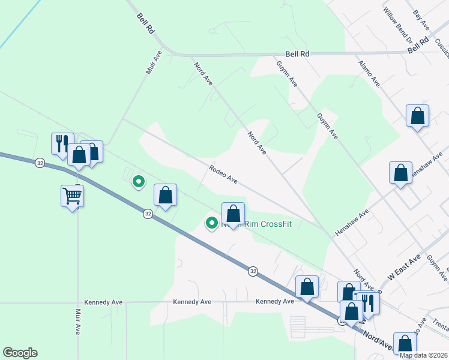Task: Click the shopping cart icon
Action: pyautogui.click(x=72, y=195)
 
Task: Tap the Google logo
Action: pyautogui.click(x=20, y=353)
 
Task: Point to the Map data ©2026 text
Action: pyautogui.click(x=423, y=355)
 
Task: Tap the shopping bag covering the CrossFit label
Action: pyautogui.click(x=233, y=213)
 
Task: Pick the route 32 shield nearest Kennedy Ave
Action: pyautogui.click(x=253, y=272)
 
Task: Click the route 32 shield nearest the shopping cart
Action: pyautogui.click(x=40, y=163)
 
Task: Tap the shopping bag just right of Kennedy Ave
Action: pyautogui.click(x=307, y=286)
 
